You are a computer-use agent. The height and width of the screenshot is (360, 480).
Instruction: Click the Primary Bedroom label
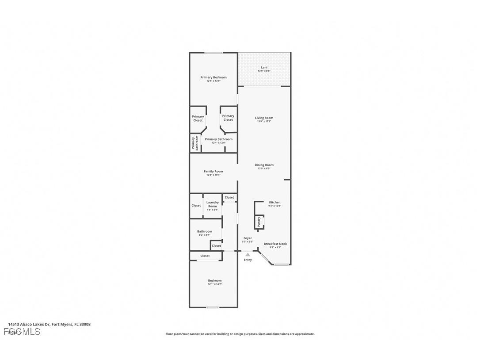pyautogui.click(x=213, y=77)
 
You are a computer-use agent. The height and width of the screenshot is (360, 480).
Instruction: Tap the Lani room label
pyautogui.click(x=264, y=68)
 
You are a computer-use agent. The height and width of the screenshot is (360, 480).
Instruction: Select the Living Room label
pyautogui.click(x=264, y=118)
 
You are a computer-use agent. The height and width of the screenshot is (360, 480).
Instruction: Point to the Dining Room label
pyautogui.click(x=264, y=165)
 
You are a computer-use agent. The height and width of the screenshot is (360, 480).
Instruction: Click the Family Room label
pyautogui.click(x=213, y=171)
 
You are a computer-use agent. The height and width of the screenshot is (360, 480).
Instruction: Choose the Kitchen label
pyautogui.click(x=274, y=202)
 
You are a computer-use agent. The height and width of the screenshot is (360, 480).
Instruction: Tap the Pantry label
pyautogui.click(x=259, y=222)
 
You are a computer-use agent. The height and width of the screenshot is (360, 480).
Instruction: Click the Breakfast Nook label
pyautogui.click(x=275, y=244)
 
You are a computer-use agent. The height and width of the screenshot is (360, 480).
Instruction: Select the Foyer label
pyautogui.click(x=248, y=238)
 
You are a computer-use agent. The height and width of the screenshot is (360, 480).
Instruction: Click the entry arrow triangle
pyautogui.click(x=248, y=254)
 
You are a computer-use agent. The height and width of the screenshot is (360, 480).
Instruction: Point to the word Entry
pyautogui.click(x=248, y=260)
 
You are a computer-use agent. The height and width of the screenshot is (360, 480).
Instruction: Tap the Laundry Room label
pyautogui.click(x=213, y=204)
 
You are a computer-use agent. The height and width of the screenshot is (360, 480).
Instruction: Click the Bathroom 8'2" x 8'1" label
pyautogui.click(x=205, y=231)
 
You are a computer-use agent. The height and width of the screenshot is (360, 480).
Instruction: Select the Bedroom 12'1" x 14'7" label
pyautogui.click(x=215, y=280)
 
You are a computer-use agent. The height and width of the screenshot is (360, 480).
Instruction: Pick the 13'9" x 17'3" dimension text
pyautogui.click(x=264, y=121)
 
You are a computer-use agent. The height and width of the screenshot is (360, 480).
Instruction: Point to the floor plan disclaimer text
pyautogui.click(x=240, y=334)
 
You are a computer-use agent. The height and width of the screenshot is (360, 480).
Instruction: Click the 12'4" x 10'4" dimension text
pyautogui.click(x=213, y=175)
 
